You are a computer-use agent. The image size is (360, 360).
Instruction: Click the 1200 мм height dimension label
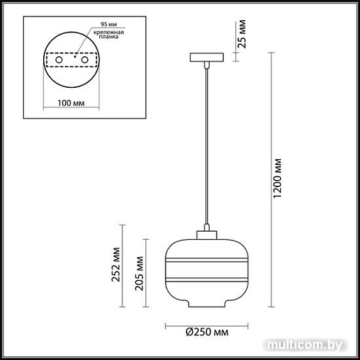coord(282,177)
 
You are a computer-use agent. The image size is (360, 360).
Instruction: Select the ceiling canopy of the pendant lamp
coord(206,56)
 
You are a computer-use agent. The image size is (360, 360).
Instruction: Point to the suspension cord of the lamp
coord(206,144)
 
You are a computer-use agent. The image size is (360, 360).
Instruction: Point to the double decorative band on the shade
coord(205,276)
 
